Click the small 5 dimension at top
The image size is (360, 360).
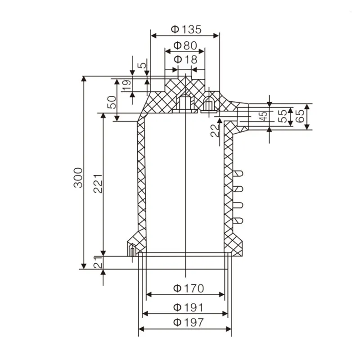pos(142,65)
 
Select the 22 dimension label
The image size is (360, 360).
pos(216,130)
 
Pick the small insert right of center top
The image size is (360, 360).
pos(208,106)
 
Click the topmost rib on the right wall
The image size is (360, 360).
pos(239,173)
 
